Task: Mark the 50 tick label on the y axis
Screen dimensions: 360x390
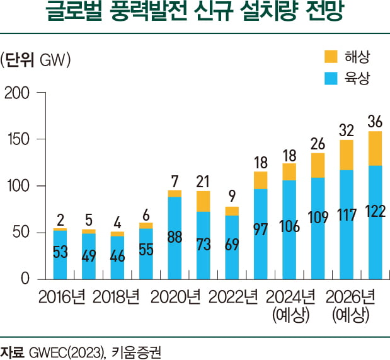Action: (23, 233)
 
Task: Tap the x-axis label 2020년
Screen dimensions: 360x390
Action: (175, 296)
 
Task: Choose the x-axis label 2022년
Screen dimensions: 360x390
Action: (232, 296)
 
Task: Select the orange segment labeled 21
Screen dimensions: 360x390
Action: (204, 201)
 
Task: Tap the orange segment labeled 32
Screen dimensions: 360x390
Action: (347, 155)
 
